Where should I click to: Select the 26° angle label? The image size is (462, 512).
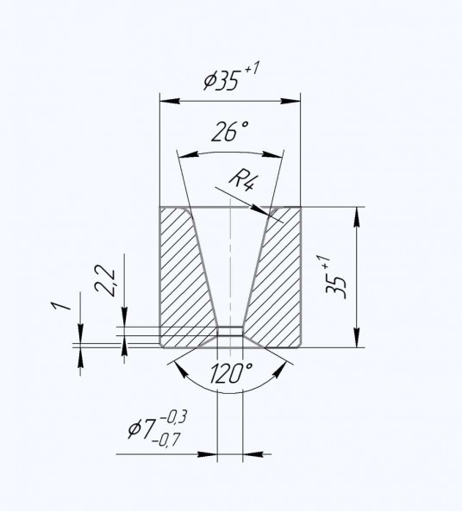230,132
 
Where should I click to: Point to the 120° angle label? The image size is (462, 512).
231,373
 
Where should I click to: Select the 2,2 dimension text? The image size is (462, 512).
104,281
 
